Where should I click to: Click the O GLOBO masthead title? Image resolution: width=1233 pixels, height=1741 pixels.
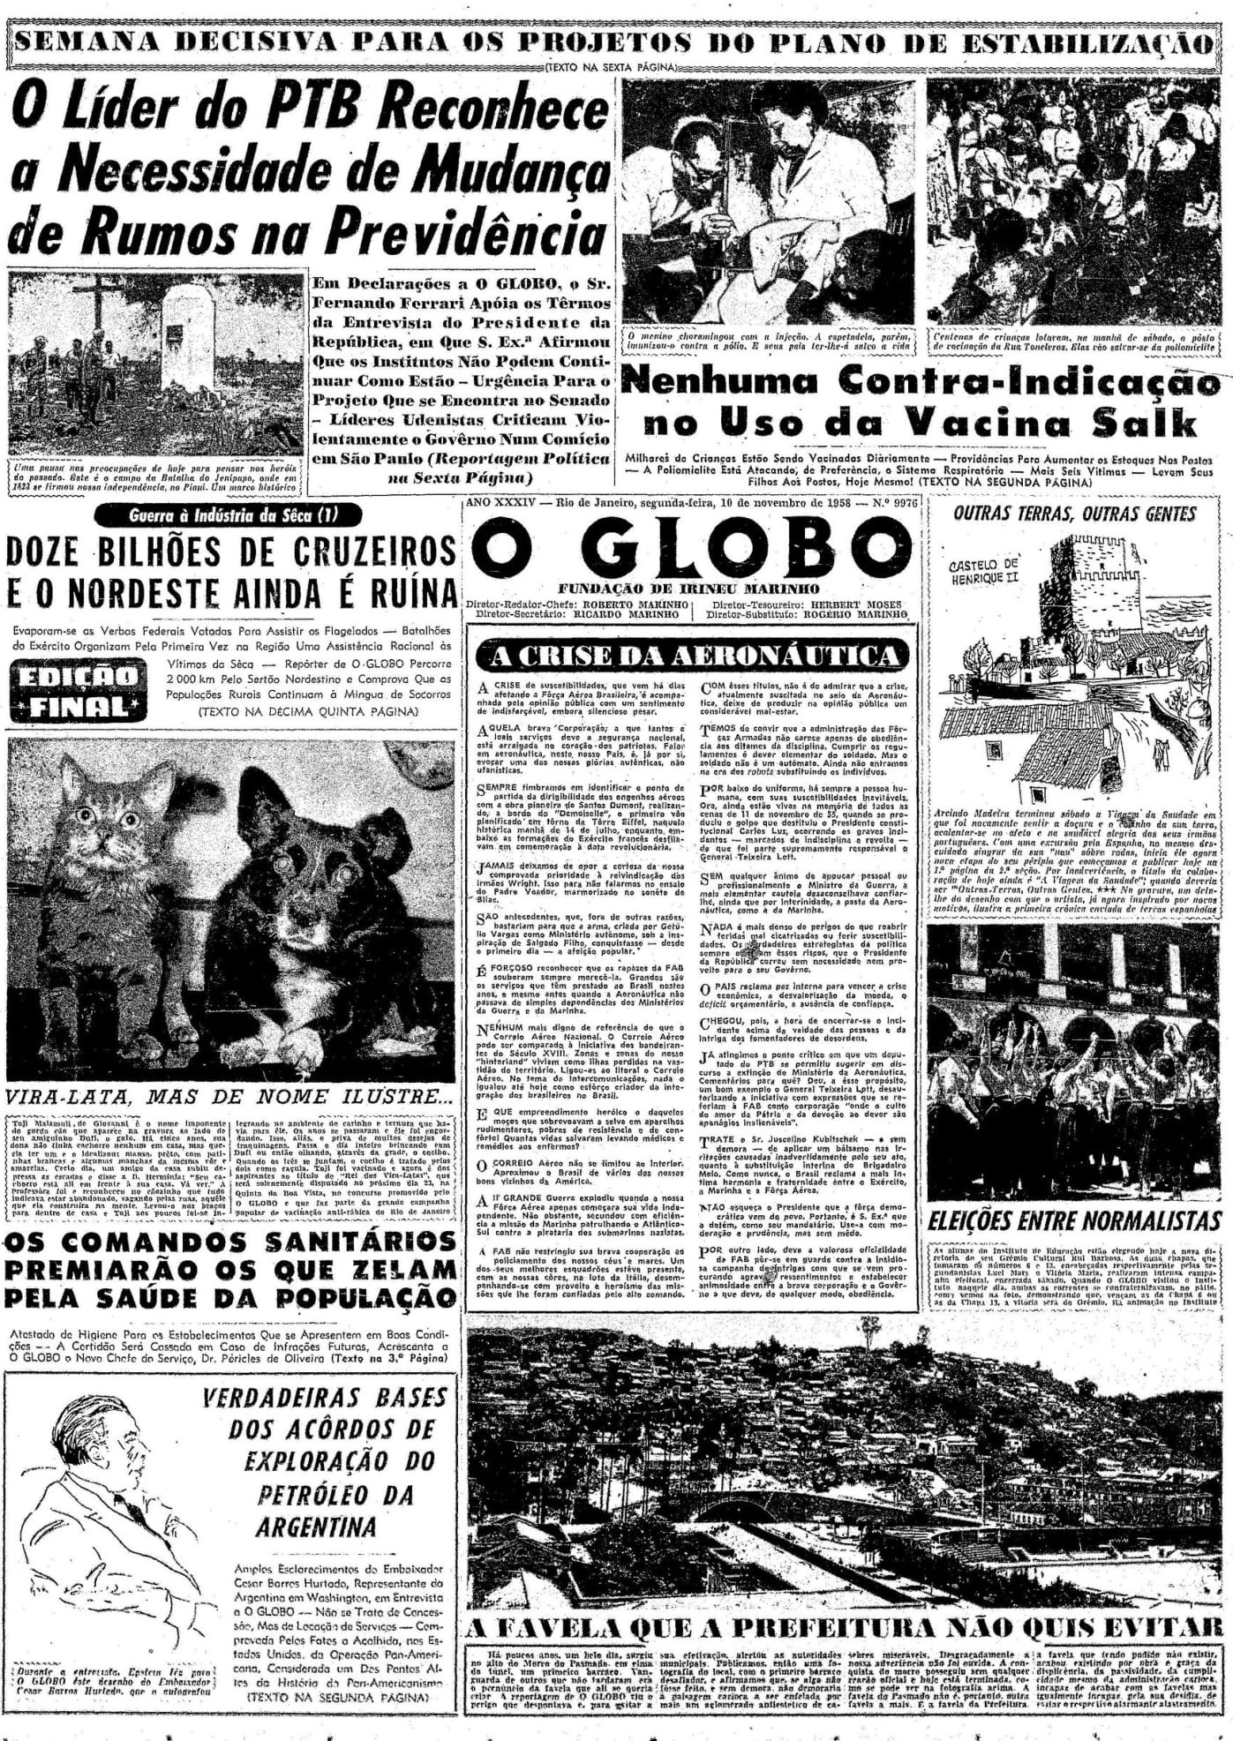point(680,546)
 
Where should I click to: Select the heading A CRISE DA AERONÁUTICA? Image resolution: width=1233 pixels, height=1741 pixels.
point(692,655)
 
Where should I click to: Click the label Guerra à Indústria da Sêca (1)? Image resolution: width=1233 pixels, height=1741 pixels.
point(232,515)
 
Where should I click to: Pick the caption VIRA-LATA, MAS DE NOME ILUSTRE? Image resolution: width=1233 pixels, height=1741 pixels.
point(226,1097)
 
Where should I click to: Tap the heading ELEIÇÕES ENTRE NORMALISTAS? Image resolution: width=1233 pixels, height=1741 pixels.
point(1074,1222)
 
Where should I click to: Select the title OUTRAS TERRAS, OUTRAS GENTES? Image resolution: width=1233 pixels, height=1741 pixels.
point(1074,514)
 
